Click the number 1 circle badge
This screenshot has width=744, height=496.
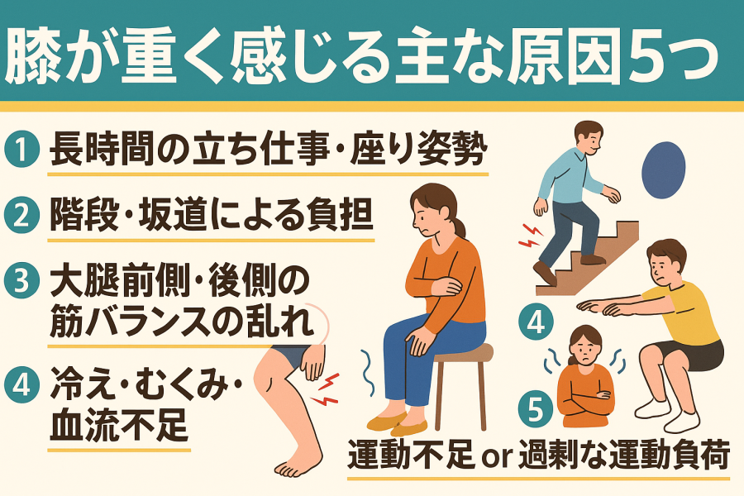pos(21,149)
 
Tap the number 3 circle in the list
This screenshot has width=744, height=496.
pos(21,281)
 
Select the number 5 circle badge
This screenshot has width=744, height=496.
pos(535,409)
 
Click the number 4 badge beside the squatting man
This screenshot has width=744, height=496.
pos(537,322)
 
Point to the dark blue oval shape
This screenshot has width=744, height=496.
pos(663,170)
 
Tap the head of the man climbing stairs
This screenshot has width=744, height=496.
pos(589,138)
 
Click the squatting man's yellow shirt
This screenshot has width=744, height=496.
pos(688,313)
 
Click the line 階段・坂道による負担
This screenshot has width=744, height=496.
pos(211,215)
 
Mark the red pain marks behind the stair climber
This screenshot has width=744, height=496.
pos(531,236)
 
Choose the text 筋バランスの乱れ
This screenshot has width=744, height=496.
pos(183,321)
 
